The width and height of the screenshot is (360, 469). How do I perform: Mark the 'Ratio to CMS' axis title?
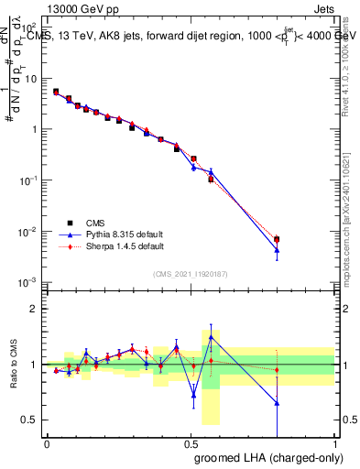pos(13,365)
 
